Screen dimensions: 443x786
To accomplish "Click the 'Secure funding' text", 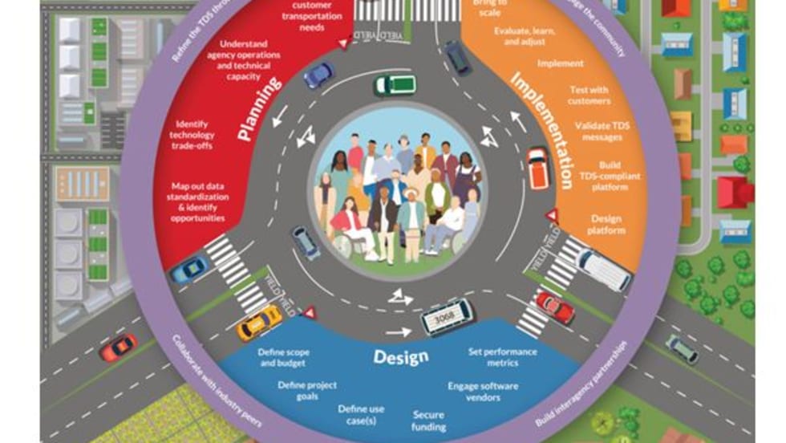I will [429, 421].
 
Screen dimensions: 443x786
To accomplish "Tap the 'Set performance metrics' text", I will [502, 357].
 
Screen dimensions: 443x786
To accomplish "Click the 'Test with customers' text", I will [589, 96].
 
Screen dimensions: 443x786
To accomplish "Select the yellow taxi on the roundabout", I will [259, 323].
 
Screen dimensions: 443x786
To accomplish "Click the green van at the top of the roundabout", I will [395, 84].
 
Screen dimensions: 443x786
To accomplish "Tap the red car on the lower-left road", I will [118, 347].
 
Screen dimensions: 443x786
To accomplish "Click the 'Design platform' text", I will [606, 224].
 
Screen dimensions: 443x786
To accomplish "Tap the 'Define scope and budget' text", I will [284, 357].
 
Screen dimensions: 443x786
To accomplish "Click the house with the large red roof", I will [734, 193].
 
